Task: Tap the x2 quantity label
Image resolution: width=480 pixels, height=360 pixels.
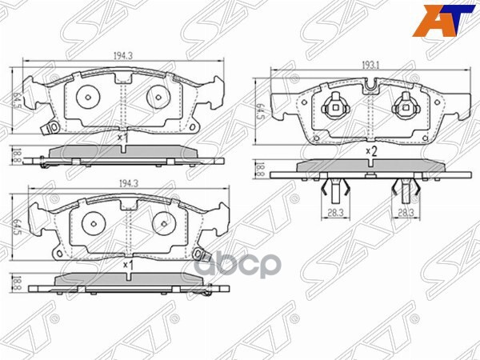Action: (370, 150)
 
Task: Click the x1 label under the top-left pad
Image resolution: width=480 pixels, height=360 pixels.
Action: (122, 138)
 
